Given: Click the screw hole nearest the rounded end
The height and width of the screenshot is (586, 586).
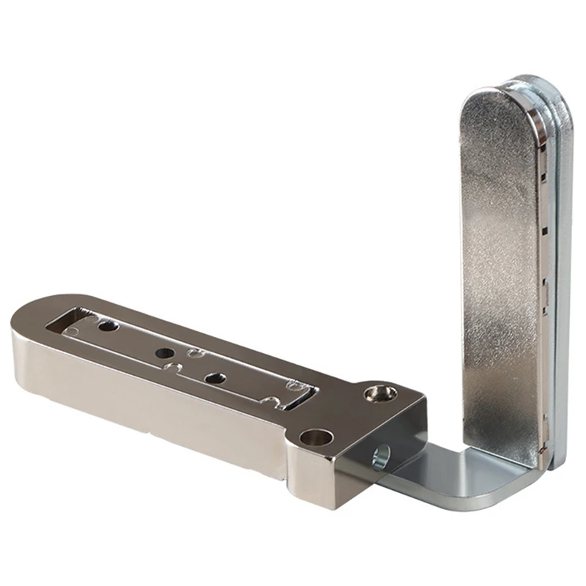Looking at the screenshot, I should (108, 324).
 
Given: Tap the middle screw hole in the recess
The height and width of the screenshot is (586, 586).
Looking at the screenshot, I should (163, 352).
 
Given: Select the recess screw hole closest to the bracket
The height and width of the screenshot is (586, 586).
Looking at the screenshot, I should (215, 379).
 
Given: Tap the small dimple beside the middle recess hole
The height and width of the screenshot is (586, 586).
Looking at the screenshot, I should (195, 354).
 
